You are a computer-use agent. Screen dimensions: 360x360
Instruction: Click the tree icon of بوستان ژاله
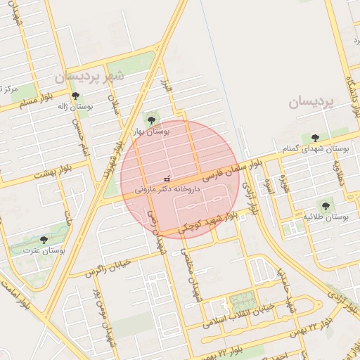point(76,96)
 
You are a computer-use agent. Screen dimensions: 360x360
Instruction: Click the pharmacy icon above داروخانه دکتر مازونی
point(167,179)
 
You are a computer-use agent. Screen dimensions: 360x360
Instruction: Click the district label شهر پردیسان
point(89,75)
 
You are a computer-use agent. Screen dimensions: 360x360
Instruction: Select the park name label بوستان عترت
point(44,250)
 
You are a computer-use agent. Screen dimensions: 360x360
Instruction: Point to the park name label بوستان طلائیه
point(326,217)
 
